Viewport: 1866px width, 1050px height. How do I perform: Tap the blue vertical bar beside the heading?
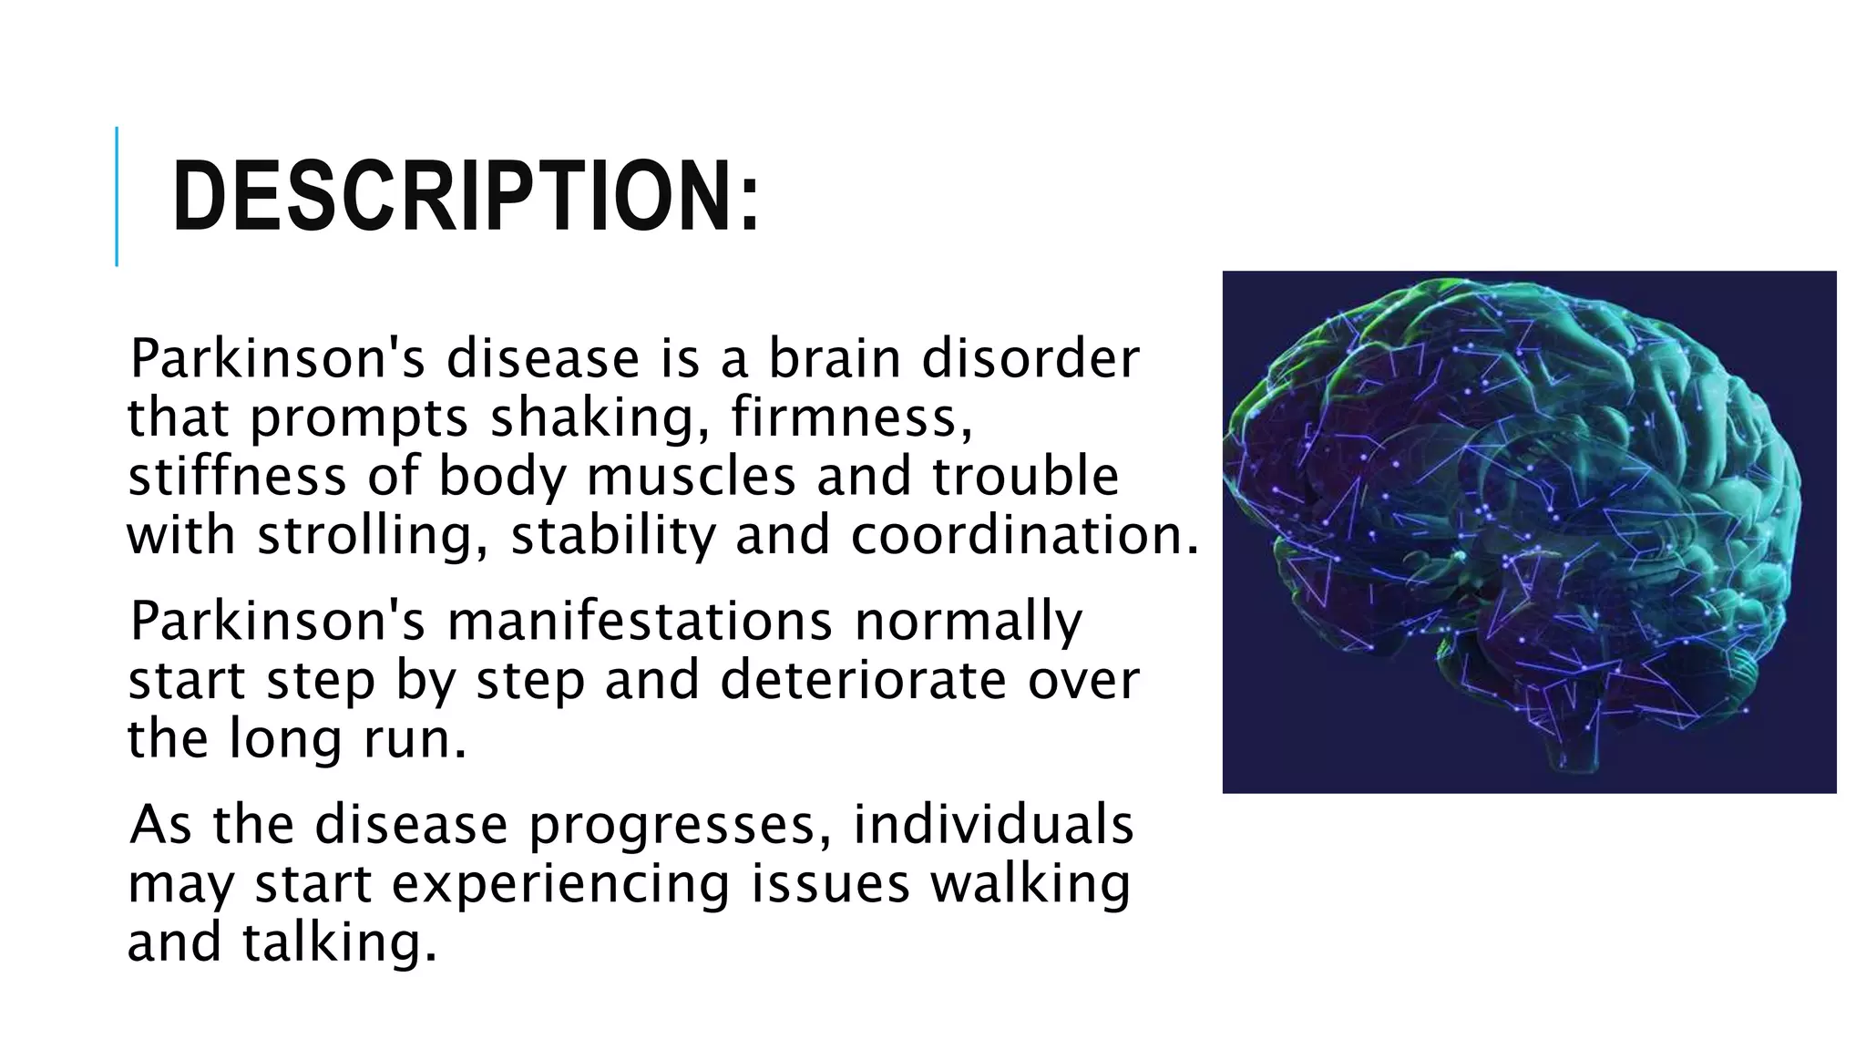coord(117,197)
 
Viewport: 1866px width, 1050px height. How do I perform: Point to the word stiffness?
coord(237,477)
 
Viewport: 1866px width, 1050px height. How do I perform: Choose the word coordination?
coord(1023,535)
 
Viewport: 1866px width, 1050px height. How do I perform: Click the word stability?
coord(613,535)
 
